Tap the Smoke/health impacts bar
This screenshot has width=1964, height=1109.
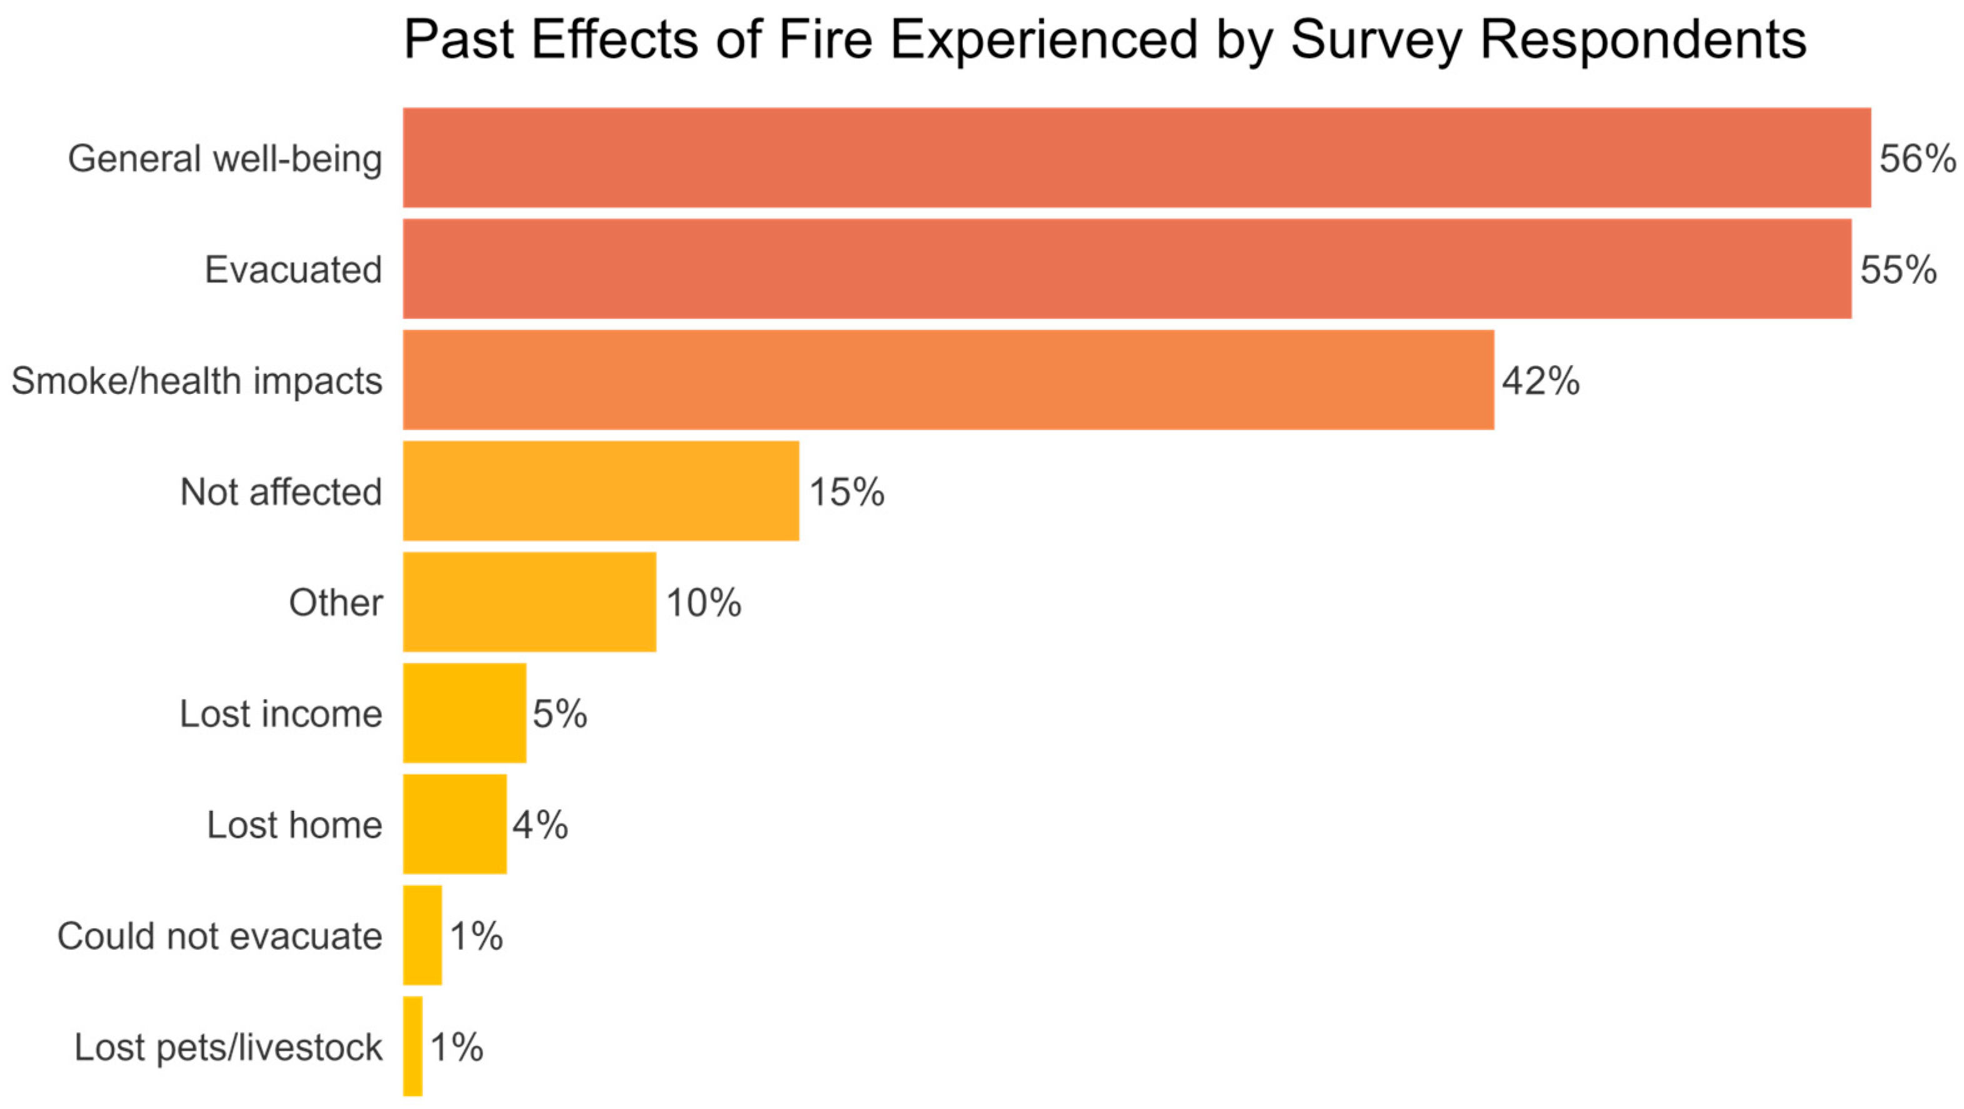[948, 380]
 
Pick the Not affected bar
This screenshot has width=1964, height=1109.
[601, 491]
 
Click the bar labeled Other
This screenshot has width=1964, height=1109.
[529, 602]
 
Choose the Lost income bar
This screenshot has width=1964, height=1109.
[464, 713]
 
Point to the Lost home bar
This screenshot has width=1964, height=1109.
[454, 824]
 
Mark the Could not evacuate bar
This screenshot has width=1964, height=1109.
[422, 935]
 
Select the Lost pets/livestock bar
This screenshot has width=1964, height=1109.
[412, 1046]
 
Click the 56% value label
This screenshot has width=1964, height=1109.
[1917, 159]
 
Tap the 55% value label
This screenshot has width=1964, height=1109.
[1898, 270]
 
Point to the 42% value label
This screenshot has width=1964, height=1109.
[1541, 381]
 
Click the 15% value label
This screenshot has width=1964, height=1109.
[846, 492]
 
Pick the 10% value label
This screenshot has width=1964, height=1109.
[703, 603]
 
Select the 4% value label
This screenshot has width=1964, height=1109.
[540, 825]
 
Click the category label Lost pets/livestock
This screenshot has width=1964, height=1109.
[228, 1047]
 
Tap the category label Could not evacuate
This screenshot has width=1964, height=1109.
[219, 936]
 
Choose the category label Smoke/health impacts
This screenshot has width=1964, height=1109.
[197, 381]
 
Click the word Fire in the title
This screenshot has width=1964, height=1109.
[825, 39]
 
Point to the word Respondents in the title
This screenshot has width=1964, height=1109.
[1642, 39]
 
